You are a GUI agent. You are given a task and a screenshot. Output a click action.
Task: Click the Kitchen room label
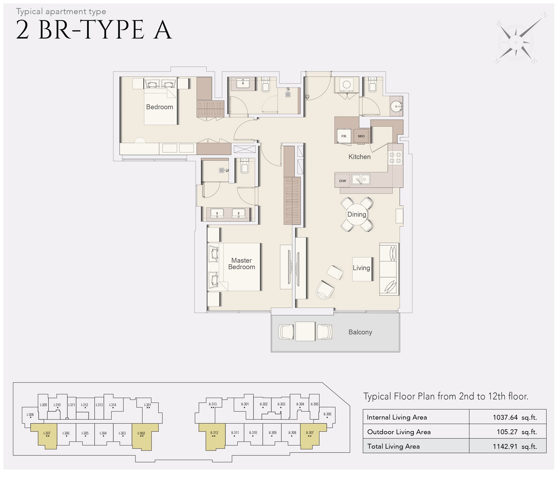click(359, 157)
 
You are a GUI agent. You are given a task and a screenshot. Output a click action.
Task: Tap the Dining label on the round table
click(356, 214)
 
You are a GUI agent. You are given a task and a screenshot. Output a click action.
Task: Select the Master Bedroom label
click(242, 264)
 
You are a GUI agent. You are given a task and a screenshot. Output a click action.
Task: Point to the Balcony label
click(360, 332)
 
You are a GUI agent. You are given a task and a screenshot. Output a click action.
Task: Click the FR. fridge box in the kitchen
click(344, 136)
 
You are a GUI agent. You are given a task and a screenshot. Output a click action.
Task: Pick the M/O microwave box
click(361, 136)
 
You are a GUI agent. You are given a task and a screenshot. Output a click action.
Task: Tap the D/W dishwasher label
click(343, 181)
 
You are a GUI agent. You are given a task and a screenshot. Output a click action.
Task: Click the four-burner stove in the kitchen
click(395, 158)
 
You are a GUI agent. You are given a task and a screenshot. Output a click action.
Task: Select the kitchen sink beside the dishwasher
click(361, 179)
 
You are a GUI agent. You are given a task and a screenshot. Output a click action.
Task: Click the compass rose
click(516, 42)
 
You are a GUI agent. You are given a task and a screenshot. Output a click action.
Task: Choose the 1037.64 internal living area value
click(505, 417)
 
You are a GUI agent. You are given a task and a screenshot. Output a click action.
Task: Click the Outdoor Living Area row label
click(399, 432)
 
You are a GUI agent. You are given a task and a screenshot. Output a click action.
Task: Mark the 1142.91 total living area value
click(505, 446)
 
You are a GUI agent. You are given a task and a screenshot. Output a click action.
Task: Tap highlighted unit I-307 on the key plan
click(47, 434)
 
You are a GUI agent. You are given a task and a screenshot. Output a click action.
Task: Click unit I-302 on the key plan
click(141, 434)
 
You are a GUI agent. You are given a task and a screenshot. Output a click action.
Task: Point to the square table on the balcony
click(305, 331)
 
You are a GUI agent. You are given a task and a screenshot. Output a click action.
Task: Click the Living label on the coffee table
click(361, 268)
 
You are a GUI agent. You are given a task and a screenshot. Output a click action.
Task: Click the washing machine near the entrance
click(347, 85)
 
